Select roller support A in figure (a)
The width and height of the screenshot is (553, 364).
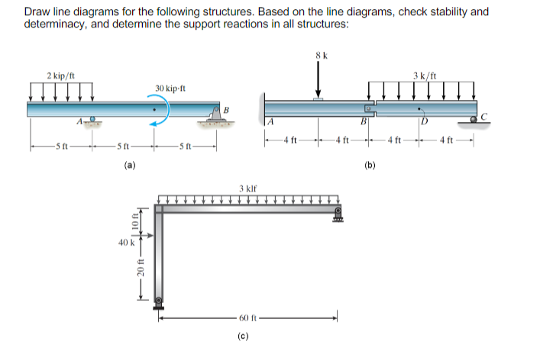(92, 121)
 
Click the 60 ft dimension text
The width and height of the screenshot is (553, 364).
(250, 318)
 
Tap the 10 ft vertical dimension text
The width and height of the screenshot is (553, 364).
(138, 221)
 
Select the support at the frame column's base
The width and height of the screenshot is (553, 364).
(159, 301)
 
